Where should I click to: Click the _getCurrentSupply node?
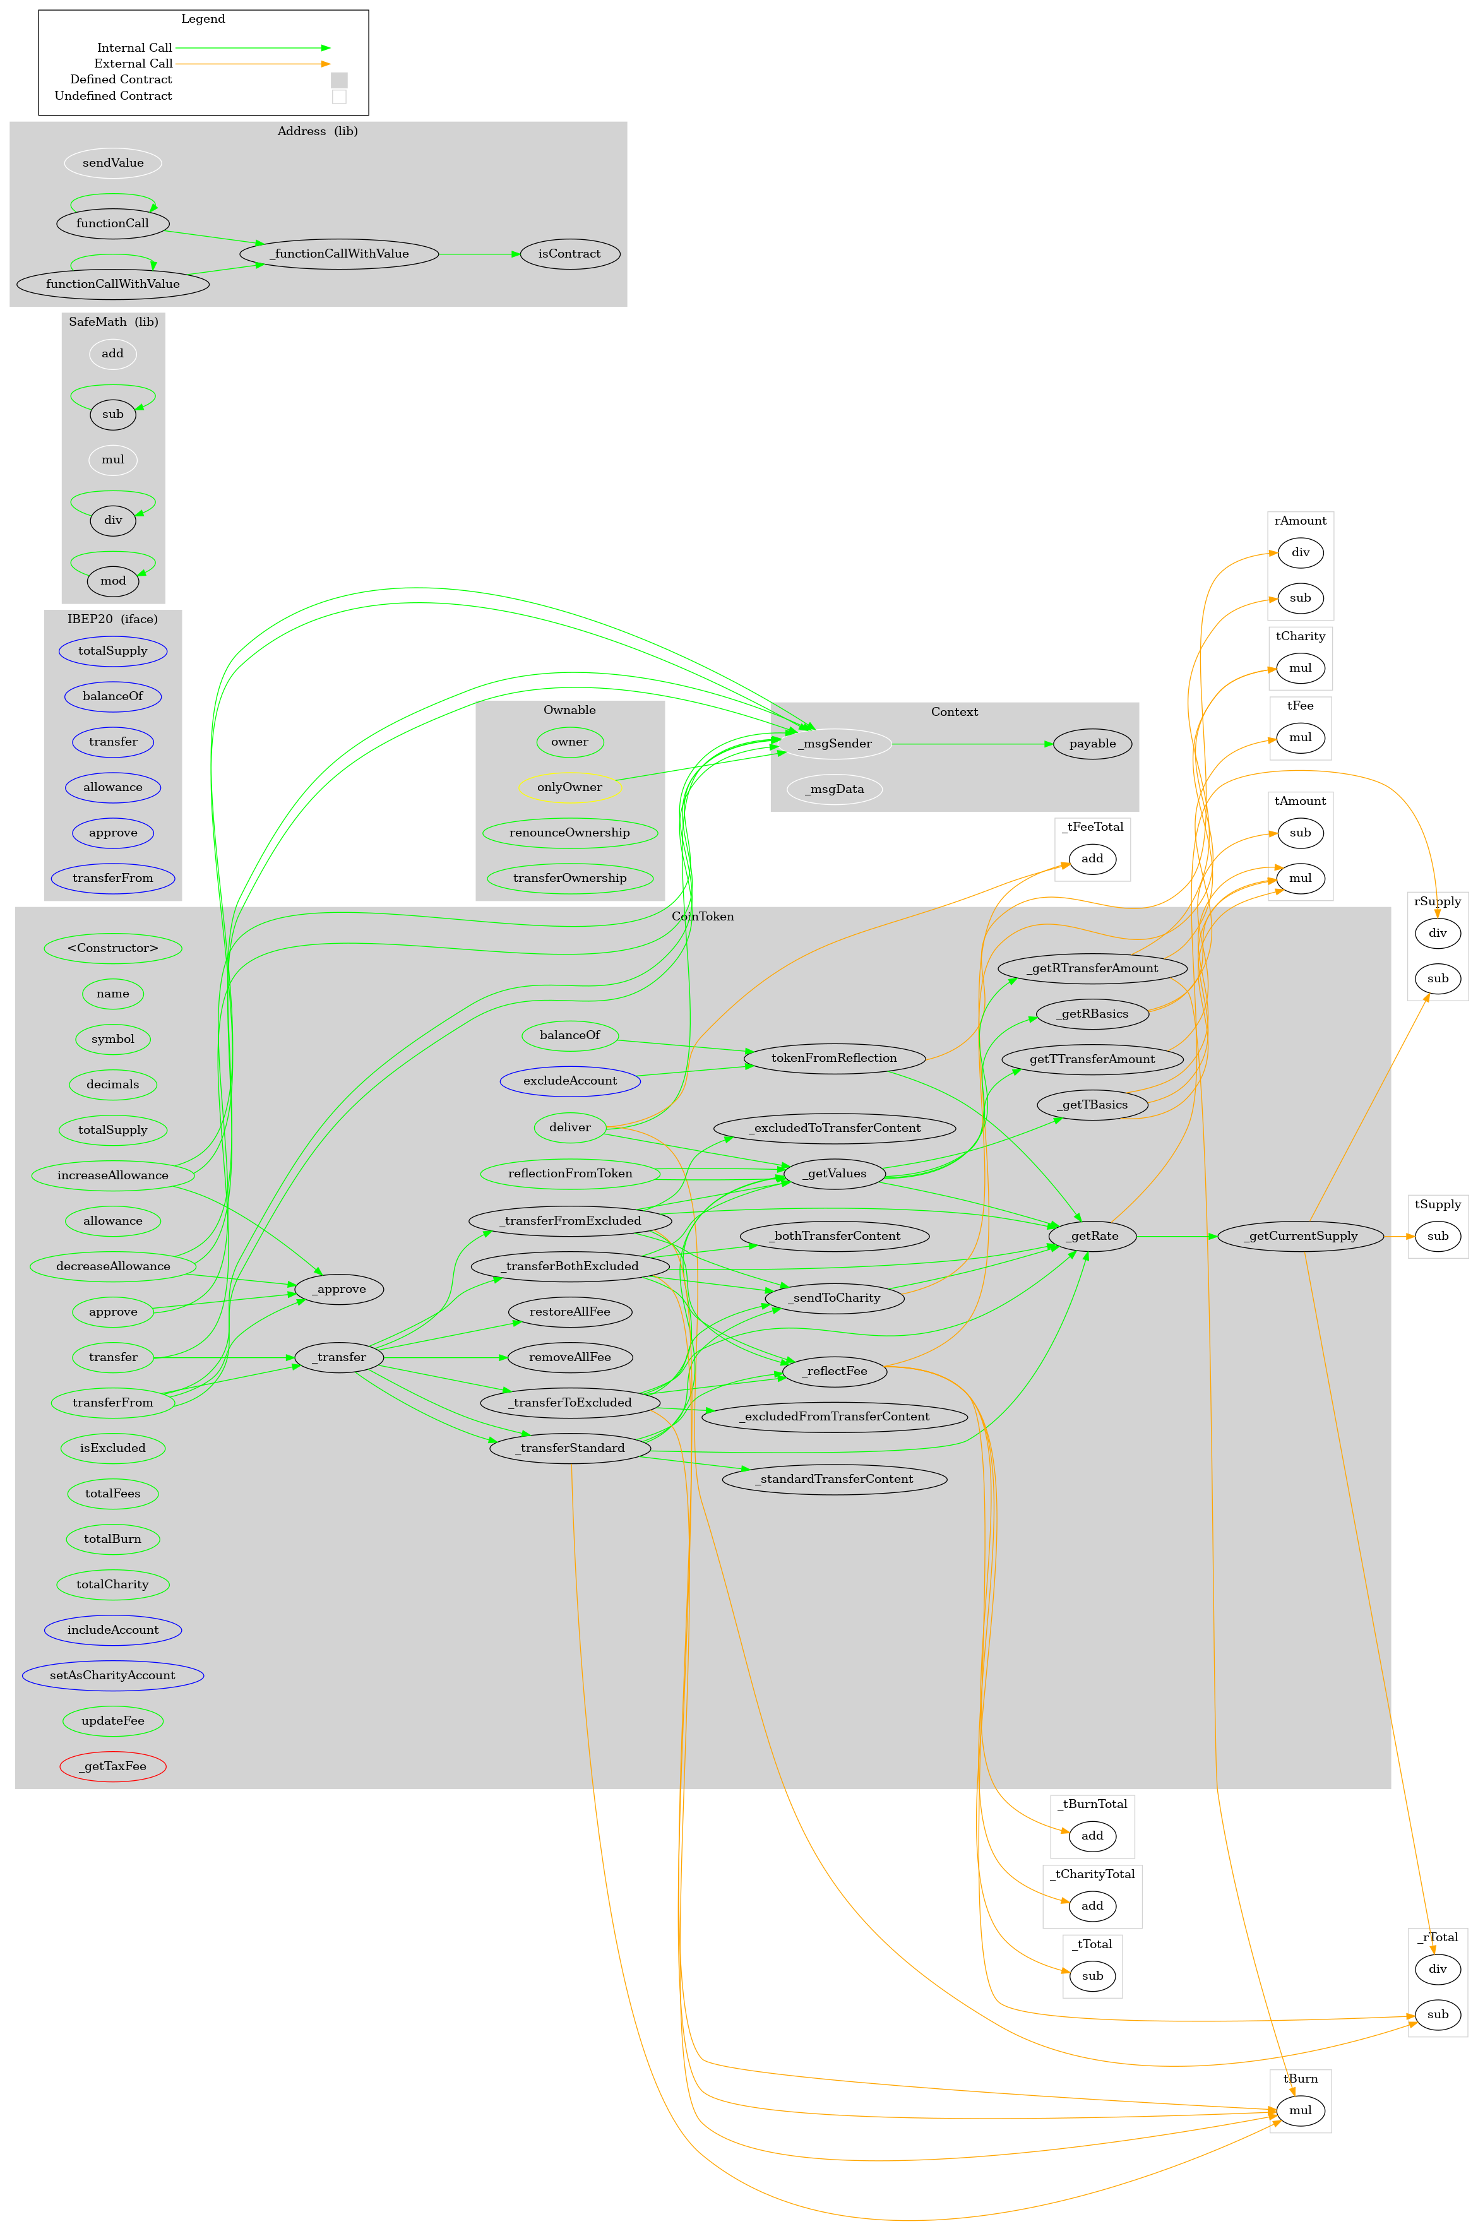(x=1301, y=1235)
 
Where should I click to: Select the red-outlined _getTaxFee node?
(x=113, y=1766)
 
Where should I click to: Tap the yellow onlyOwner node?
(x=569, y=787)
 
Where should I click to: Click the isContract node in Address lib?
(x=569, y=254)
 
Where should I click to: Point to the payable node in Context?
(x=1092, y=744)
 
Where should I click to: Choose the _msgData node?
(x=835, y=788)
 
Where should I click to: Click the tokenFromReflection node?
(x=834, y=1057)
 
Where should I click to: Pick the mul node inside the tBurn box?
(x=1300, y=2110)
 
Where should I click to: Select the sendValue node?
(x=113, y=163)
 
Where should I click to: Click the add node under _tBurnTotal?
(x=1092, y=1836)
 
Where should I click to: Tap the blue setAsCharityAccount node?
(x=113, y=1675)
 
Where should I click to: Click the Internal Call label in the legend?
(x=134, y=47)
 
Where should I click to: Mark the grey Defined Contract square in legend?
(x=339, y=80)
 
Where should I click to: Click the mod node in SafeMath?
(x=113, y=581)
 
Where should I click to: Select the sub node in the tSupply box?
(x=1438, y=1235)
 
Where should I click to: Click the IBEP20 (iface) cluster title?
(x=113, y=619)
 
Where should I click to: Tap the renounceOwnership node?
(x=569, y=832)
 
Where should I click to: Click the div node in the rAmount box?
(x=1300, y=552)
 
